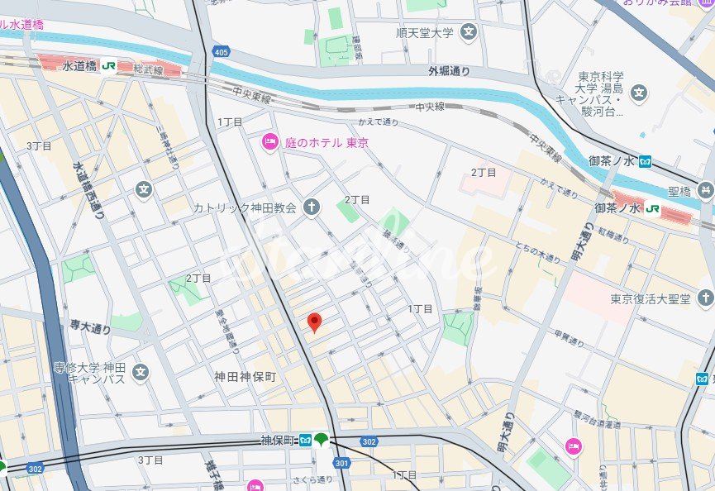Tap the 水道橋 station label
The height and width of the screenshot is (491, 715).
tap(79, 64)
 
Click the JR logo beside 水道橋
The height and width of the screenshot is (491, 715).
tap(109, 65)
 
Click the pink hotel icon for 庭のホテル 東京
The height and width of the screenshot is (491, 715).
tap(269, 142)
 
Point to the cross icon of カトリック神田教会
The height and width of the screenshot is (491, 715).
tap(311, 207)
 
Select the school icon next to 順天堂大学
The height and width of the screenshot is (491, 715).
tap(470, 33)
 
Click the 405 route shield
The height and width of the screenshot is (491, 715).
tap(220, 52)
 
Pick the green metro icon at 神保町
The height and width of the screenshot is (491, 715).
tap(321, 439)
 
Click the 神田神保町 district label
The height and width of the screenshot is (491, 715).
tap(244, 376)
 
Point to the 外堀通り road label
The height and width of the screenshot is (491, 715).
tap(449, 72)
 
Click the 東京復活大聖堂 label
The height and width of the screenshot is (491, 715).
tap(651, 298)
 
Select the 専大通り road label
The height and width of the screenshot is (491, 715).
tap(90, 328)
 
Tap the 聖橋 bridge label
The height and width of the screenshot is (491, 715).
tap(679, 192)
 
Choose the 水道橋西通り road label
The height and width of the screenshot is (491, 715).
tap(88, 190)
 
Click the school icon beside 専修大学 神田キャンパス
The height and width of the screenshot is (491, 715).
tap(141, 372)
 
